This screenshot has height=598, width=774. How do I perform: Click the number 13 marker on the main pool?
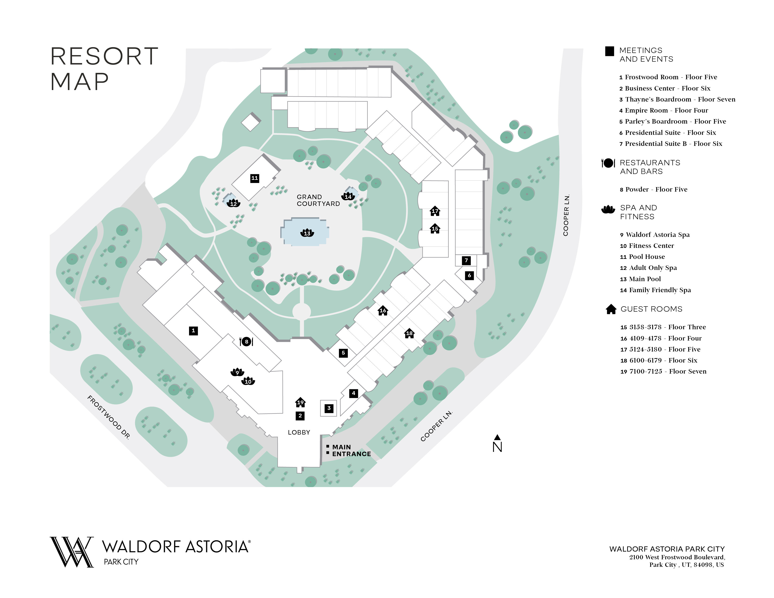point(307,233)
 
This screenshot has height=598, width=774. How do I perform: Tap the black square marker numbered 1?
point(193,330)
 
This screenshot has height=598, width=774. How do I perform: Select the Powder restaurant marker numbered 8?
point(246,341)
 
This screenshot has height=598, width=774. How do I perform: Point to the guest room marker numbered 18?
point(409,333)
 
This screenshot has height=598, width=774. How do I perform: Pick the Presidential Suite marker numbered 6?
point(469,275)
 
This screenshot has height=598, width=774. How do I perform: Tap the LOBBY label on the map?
point(299,432)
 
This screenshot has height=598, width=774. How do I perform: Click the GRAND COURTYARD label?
point(318,200)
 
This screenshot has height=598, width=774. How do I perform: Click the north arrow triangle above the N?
point(497,437)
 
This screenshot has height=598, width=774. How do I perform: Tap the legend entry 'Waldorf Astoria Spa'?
point(657,235)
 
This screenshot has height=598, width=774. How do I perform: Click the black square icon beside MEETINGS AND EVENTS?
point(609,51)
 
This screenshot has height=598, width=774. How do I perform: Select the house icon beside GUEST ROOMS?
point(611,309)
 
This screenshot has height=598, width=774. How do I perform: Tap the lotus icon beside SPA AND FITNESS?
point(608,209)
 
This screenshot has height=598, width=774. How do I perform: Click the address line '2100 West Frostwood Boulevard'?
point(677,557)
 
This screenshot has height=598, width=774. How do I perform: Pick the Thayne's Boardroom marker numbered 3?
point(329,408)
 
